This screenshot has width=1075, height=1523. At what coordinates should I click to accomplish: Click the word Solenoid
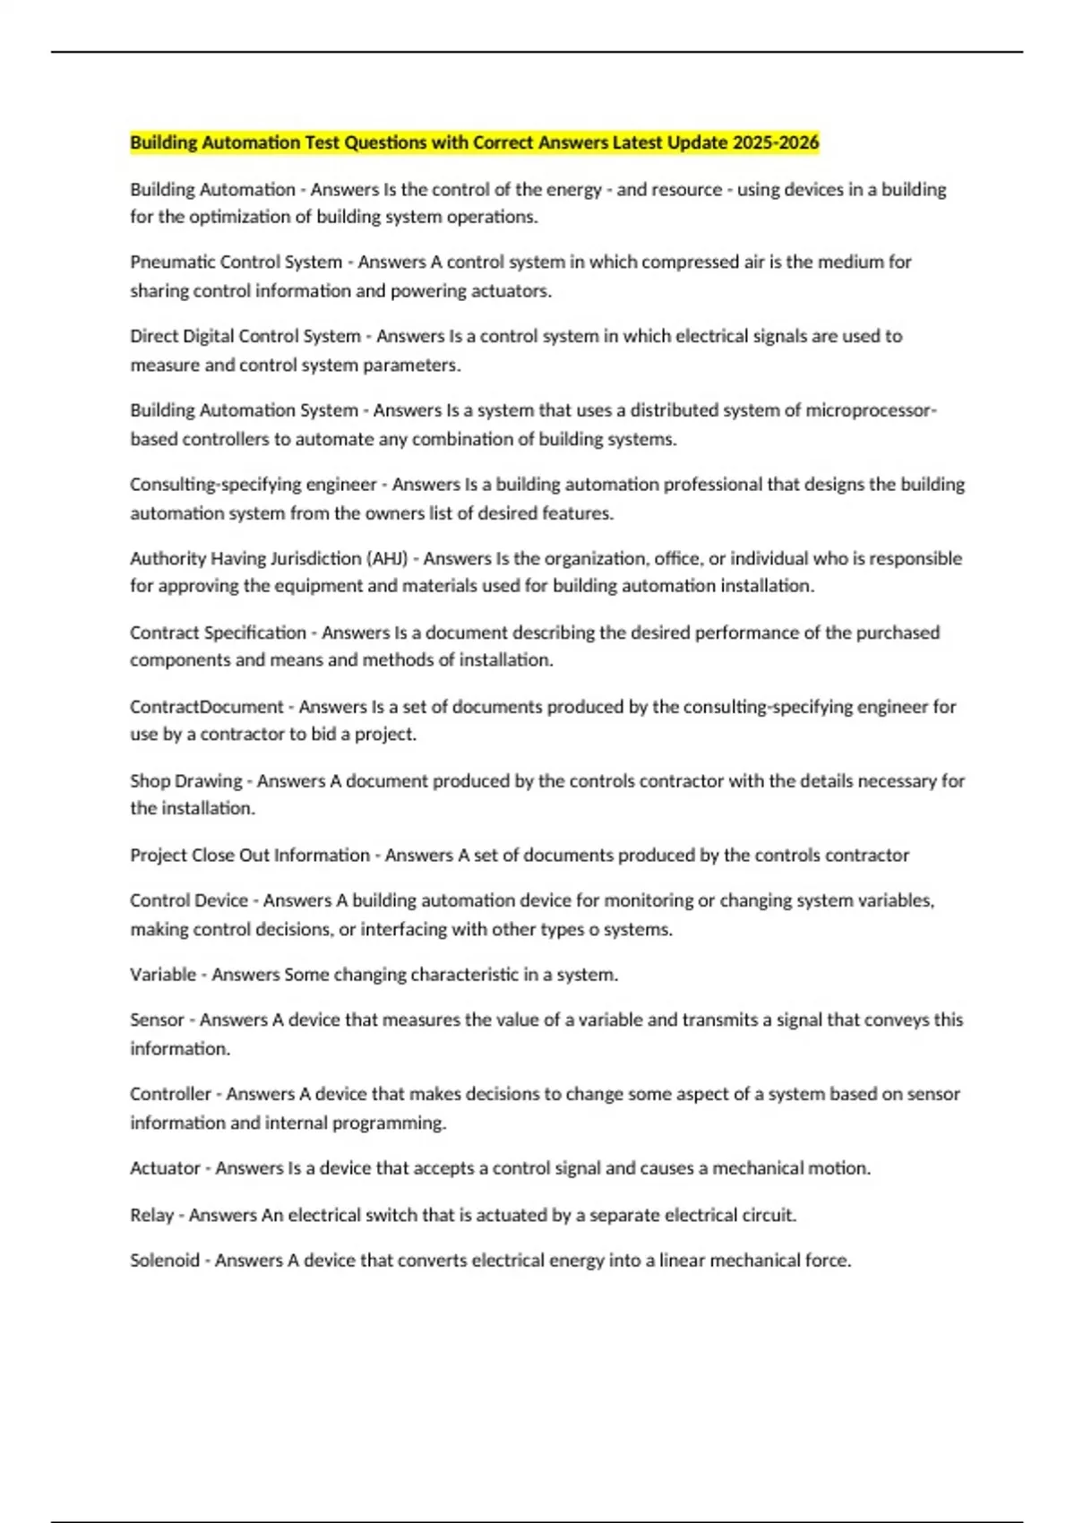pyautogui.click(x=165, y=1261)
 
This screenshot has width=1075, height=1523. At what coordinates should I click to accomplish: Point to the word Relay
pyautogui.click(x=151, y=1215)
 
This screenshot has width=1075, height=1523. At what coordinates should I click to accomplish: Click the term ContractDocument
pyautogui.click(x=206, y=707)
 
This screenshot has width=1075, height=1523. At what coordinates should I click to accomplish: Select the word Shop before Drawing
pyautogui.click(x=149, y=781)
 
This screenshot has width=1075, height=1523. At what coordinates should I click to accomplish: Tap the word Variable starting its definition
pyautogui.click(x=163, y=975)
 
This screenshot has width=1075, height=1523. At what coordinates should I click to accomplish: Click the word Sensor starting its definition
pyautogui.click(x=157, y=1020)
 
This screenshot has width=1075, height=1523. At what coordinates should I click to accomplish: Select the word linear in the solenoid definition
pyautogui.click(x=683, y=1261)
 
